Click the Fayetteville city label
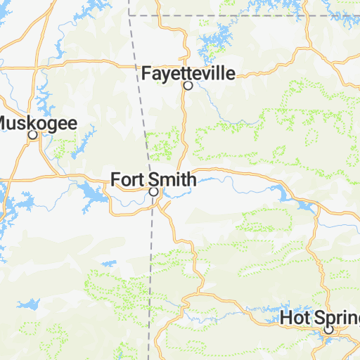(x=188, y=73)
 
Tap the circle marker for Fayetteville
(x=188, y=86)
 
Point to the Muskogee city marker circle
(x=32, y=135)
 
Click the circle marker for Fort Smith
(x=153, y=191)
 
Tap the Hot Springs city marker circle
(x=328, y=329)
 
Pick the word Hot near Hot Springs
(x=292, y=317)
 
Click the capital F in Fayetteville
(x=146, y=73)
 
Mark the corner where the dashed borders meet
(x=130, y=14)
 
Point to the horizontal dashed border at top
(x=246, y=14)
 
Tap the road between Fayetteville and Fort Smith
(x=184, y=127)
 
